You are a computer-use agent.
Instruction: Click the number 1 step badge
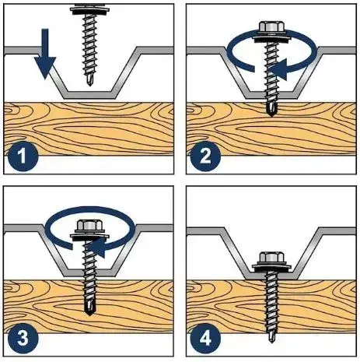coord(23,156)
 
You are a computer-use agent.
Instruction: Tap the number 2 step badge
coord(205,156)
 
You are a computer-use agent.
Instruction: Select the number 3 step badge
coord(23,339)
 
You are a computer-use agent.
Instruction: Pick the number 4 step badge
coord(205,339)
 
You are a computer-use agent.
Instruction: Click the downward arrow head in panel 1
coord(45,67)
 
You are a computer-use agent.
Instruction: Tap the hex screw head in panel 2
coord(271,27)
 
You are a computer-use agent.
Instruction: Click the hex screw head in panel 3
coord(89,227)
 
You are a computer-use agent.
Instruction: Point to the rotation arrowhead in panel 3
coord(96,248)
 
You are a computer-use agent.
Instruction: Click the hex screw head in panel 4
coord(271,258)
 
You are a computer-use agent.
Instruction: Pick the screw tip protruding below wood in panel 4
coord(271,338)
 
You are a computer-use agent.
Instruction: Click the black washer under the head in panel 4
coord(271,269)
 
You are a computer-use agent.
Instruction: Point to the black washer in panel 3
coord(89,237)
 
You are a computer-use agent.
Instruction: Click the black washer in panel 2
coord(271,38)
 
